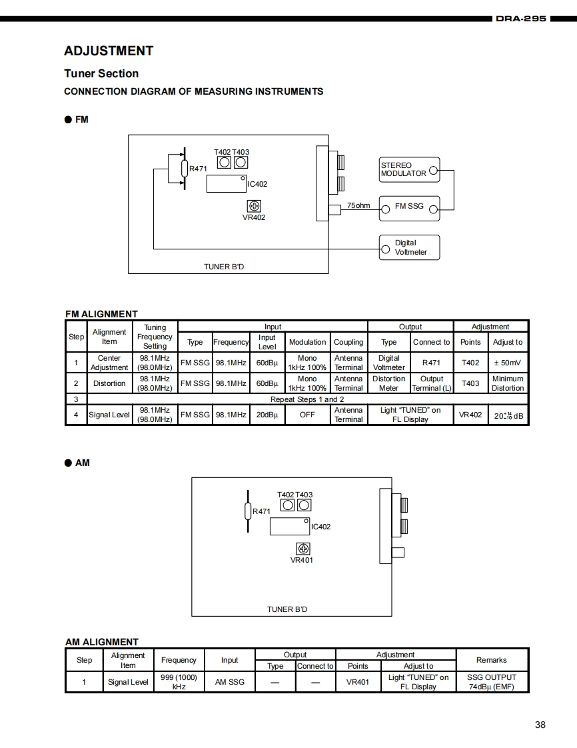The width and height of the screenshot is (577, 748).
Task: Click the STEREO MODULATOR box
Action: [409, 169]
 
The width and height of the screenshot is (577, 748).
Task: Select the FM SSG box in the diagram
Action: [409, 207]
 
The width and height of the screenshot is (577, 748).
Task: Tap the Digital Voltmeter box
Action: [409, 247]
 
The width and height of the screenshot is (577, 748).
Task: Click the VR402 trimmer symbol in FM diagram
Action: [254, 205]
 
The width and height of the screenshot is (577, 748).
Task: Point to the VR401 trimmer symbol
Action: [303, 549]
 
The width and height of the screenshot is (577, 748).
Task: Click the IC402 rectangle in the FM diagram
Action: [227, 183]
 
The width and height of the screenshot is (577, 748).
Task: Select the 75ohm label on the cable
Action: [358, 205]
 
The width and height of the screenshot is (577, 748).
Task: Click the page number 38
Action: [540, 725]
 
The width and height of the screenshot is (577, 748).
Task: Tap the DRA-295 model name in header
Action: [520, 19]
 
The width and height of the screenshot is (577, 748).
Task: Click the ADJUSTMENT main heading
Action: [109, 51]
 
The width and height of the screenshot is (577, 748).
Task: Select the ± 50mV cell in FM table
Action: [508, 363]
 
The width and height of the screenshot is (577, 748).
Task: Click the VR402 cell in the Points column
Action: [470, 415]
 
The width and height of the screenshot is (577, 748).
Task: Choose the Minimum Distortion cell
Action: [508, 383]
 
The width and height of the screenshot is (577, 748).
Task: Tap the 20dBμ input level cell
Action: [267, 415]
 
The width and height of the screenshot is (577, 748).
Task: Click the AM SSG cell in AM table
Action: [229, 682]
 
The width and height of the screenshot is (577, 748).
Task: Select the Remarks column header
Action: [492, 660]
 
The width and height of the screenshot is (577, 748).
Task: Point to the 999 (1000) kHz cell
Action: [179, 681]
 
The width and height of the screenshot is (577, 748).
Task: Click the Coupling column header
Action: [348, 342]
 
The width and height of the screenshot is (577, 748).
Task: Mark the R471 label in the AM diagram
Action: [261, 511]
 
